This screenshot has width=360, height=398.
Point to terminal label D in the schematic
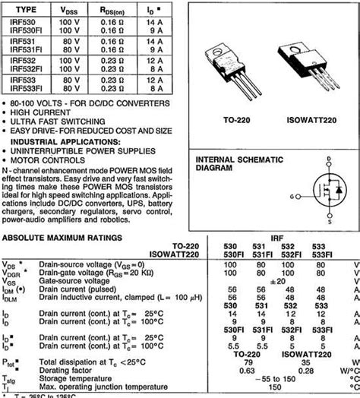click(x=328, y=160)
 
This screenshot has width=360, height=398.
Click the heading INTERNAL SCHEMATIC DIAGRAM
click(x=239, y=164)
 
